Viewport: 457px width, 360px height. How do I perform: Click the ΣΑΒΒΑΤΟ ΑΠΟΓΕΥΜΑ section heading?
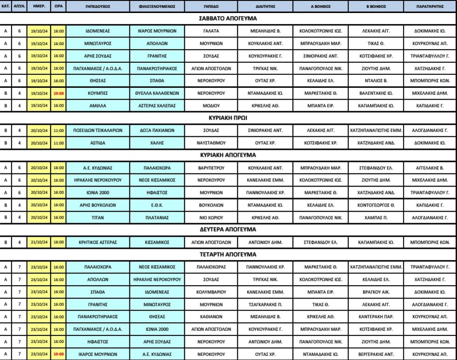228,18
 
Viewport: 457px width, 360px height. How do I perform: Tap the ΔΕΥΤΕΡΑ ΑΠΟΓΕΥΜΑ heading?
228,229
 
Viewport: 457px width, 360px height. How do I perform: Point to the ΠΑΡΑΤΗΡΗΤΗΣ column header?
430,7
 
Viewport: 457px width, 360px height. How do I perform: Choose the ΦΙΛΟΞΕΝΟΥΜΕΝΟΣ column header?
157,7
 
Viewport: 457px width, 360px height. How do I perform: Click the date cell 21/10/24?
39,242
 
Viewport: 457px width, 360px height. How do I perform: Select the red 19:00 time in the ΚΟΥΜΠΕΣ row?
59,93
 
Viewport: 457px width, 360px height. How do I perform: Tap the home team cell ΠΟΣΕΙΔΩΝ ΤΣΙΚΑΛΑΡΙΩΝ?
98,131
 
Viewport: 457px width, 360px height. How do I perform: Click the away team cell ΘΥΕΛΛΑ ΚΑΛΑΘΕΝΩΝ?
157,93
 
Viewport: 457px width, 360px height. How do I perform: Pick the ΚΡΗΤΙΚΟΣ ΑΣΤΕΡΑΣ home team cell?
98,242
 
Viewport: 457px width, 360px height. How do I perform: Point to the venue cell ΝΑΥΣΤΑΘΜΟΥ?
211,143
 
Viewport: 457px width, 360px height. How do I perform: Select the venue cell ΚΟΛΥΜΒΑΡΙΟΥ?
211,292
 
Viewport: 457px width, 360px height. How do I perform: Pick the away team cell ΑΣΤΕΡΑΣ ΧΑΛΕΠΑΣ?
157,106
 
